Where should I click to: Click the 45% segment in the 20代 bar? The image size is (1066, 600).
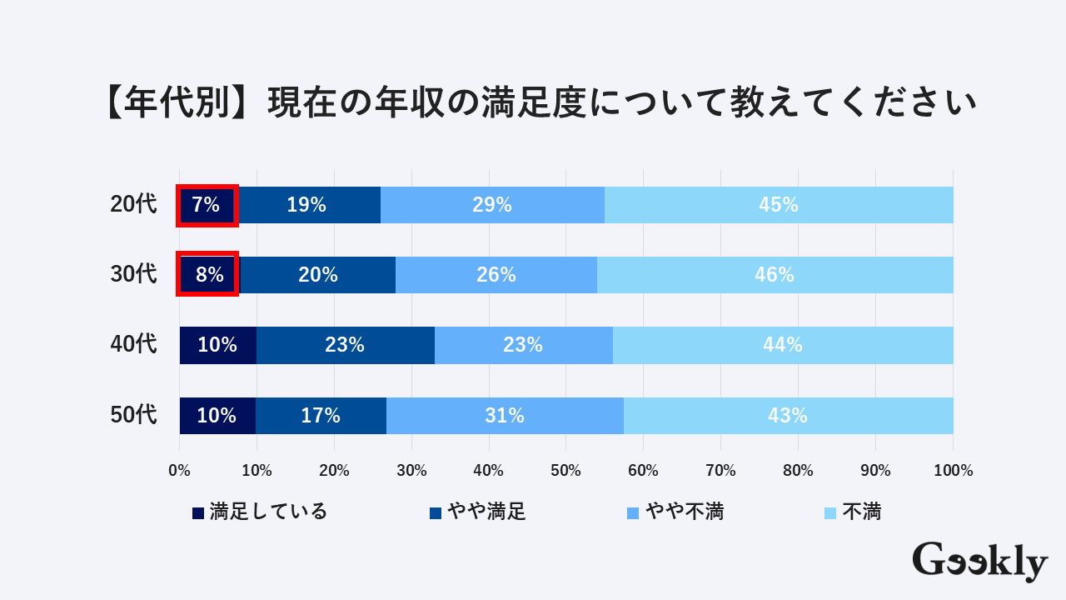(779, 205)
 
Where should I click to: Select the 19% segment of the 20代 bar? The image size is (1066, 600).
(306, 205)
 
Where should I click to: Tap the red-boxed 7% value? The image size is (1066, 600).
(207, 205)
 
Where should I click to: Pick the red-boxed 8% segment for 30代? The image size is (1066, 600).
(208, 274)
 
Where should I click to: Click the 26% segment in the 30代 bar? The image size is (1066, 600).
(496, 274)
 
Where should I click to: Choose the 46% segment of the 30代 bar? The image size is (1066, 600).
(775, 274)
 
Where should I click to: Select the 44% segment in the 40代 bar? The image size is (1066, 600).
(783, 345)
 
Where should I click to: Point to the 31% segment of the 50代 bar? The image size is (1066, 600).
(505, 415)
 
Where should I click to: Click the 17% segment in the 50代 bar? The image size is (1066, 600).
(321, 415)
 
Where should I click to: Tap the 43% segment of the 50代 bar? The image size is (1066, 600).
(788, 415)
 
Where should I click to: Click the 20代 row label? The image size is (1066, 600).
(133, 205)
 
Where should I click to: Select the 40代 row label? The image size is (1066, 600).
(133, 345)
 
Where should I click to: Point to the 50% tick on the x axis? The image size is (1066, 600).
(565, 471)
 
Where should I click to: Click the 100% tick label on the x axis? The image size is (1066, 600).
(953, 471)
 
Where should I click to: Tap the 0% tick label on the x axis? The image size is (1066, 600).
(180, 471)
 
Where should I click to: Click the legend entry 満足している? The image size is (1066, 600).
(260, 512)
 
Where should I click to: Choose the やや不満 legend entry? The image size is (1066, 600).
(675, 512)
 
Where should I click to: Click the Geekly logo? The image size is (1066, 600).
(979, 562)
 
